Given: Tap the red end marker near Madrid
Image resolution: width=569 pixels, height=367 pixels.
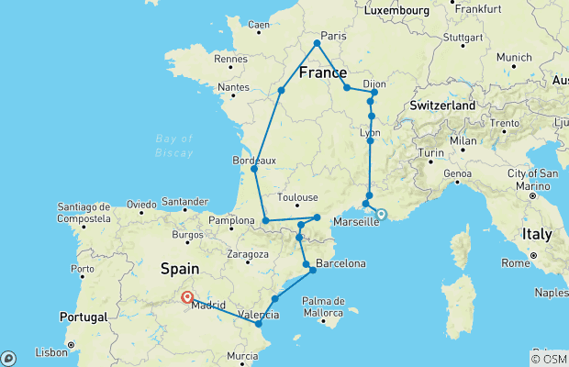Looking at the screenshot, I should [x=187, y=296].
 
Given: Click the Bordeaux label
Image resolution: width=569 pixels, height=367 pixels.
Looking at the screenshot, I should [x=255, y=160].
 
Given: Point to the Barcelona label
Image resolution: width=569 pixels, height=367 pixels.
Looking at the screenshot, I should [x=340, y=264].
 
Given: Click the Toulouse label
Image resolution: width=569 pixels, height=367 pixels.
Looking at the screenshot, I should [x=299, y=196].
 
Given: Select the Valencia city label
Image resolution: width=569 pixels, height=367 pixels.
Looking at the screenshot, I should [x=259, y=315].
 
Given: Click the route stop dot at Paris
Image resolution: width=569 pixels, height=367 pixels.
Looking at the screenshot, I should [x=317, y=43].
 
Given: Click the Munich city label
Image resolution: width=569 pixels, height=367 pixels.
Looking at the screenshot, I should [x=514, y=57].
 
